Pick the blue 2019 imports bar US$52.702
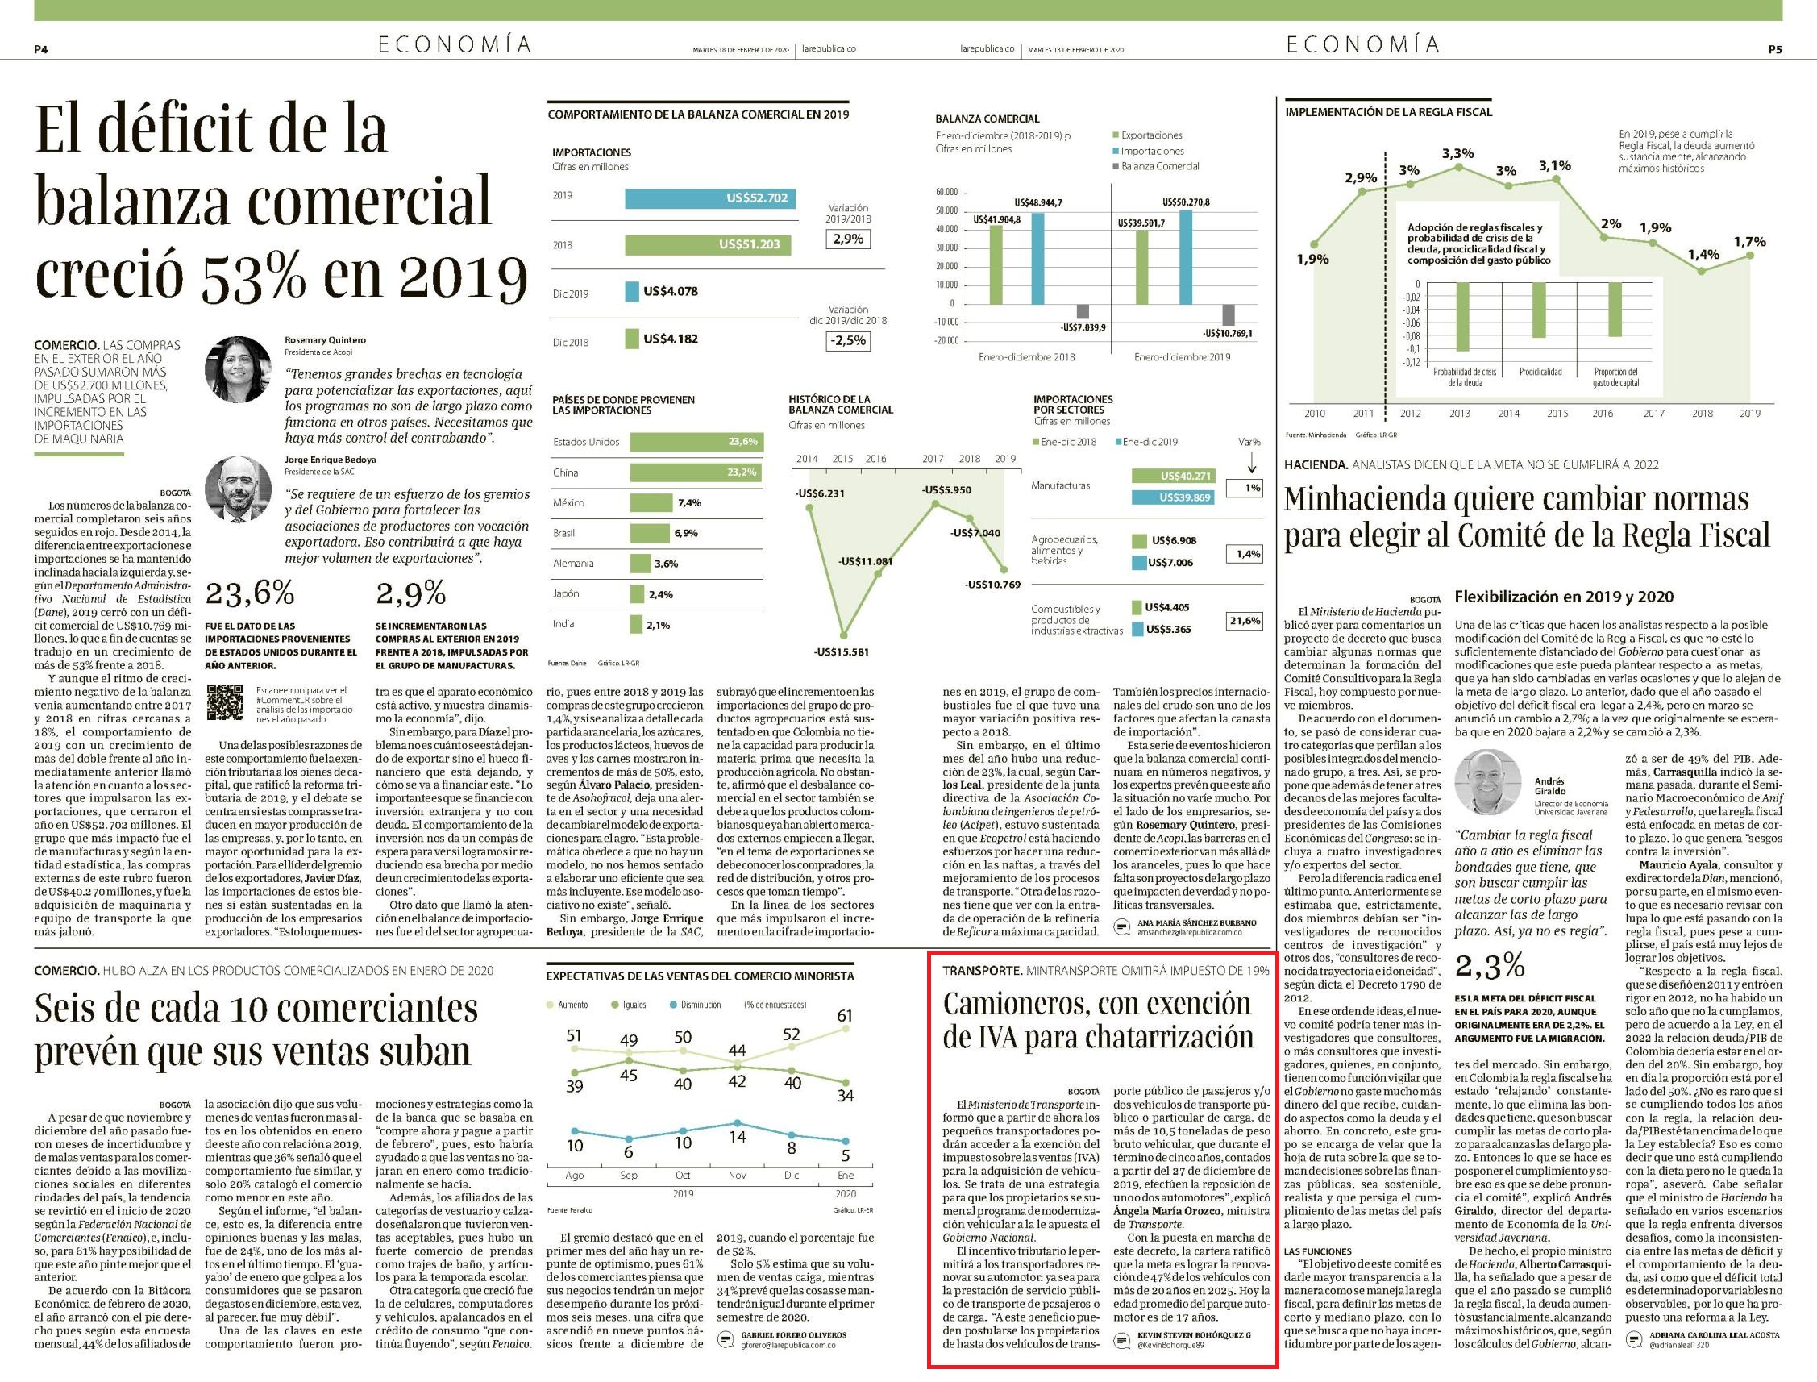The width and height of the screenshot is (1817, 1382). pyautogui.click(x=711, y=198)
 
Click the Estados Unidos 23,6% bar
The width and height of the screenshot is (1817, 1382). pyautogui.click(x=696, y=442)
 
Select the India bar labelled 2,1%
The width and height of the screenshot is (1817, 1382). pyautogui.click(x=636, y=624)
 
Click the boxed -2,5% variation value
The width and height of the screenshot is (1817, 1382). pyautogui.click(x=847, y=339)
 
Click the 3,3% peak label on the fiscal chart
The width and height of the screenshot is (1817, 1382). pyautogui.click(x=1457, y=154)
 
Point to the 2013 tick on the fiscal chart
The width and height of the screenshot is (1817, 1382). pyautogui.click(x=1459, y=414)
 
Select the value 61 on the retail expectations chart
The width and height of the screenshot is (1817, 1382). pyautogui.click(x=845, y=1016)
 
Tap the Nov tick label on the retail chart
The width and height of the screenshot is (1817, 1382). pyautogui.click(x=737, y=1176)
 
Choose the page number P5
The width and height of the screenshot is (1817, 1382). pyautogui.click(x=1775, y=49)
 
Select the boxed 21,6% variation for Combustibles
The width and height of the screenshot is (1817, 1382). pyautogui.click(x=1244, y=620)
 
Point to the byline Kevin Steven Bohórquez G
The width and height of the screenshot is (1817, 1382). pyautogui.click(x=1194, y=1334)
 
